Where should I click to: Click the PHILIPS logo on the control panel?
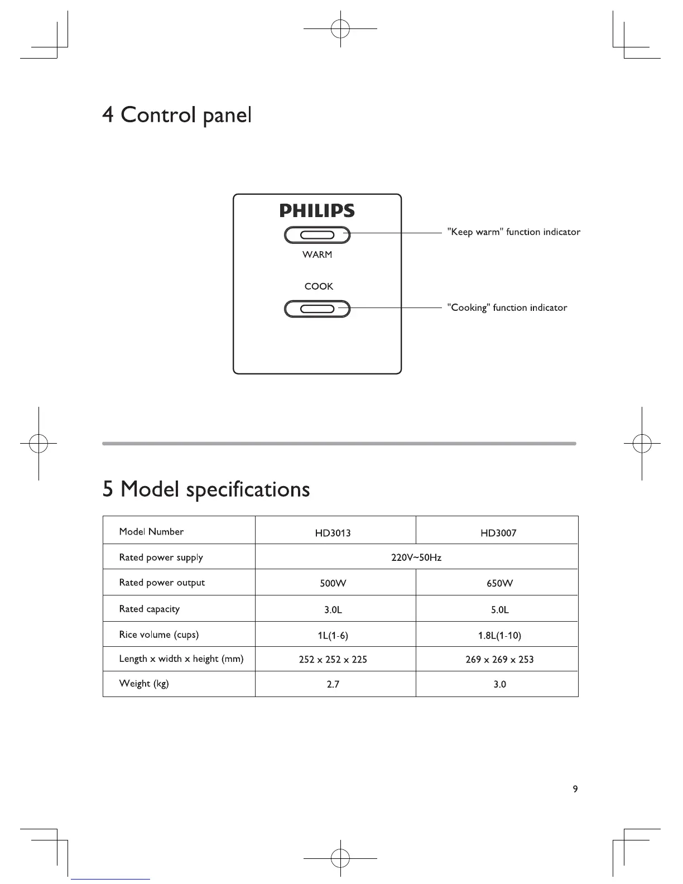[x=317, y=211]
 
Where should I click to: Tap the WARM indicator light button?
[x=317, y=235]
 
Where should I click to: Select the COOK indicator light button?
[x=317, y=309]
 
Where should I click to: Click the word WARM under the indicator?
[x=317, y=254]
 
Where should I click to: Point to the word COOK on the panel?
[x=319, y=286]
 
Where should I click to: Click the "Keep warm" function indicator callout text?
[x=514, y=232]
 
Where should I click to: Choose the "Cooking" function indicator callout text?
[x=507, y=308]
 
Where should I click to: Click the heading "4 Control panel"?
[x=177, y=115]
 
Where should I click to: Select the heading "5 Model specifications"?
[x=206, y=489]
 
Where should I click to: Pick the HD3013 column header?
[x=333, y=533]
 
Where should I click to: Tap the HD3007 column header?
[x=498, y=533]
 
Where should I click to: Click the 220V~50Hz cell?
[x=416, y=558]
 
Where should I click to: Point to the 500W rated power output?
[x=333, y=584]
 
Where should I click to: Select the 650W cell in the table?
[x=499, y=584]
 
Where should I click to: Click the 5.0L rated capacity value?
[x=499, y=610]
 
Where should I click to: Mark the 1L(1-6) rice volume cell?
[x=333, y=636]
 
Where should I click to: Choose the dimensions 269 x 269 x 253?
[x=499, y=660]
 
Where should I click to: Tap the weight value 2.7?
[x=333, y=684]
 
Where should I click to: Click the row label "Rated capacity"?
[x=150, y=609]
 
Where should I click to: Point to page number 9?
[x=575, y=789]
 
